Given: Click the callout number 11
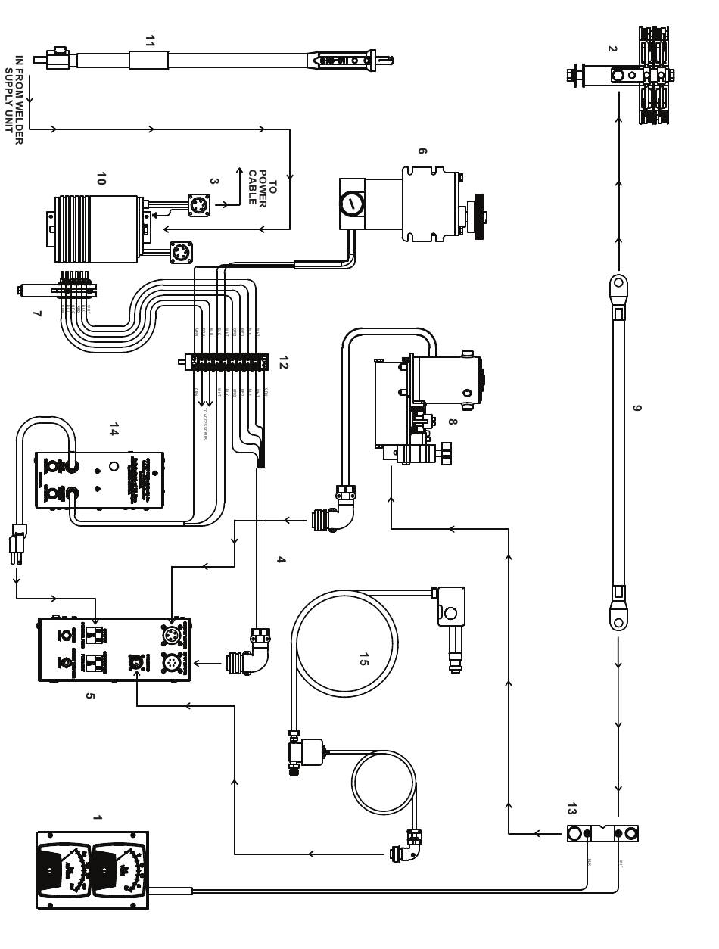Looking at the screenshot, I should pos(149,42).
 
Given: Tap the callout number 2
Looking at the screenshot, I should pos(612,49).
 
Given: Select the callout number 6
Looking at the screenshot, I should pos(422,151).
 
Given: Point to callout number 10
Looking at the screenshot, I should pos(101,179).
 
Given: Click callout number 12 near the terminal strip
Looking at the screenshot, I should pos(283,362).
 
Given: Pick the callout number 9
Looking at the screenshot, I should pos(637,409).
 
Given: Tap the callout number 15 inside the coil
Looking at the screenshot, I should pos(363,659).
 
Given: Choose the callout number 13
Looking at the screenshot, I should pos(571,809).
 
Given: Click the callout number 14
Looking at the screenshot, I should pos(114,429).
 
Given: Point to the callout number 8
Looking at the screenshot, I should pos(452,422).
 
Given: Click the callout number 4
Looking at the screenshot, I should pos(281,560).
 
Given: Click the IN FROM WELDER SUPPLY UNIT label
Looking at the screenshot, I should pos(14,99).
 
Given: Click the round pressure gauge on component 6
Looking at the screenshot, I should pos(352,204).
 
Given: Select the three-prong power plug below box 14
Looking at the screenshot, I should pos(17,543).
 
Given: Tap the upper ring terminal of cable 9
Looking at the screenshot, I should pos(618,285).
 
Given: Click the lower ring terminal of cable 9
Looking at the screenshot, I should pos(618,621).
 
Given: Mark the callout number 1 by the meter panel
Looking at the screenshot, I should pos(96,818).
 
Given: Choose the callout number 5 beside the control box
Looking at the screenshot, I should pos(90,695).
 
